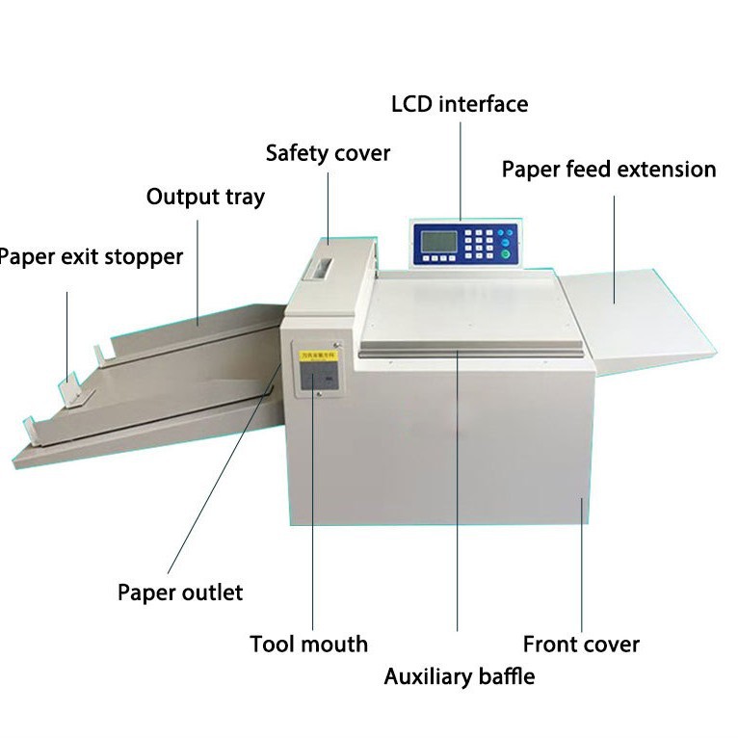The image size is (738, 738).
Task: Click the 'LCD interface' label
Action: tap(460, 103)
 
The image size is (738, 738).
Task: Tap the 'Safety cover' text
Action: tap(328, 153)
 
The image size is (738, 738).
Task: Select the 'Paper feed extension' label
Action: tap(609, 170)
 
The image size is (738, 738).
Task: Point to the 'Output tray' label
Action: tap(205, 198)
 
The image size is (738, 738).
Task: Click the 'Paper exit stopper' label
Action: tap(91, 257)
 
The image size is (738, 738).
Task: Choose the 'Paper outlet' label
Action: tap(180, 592)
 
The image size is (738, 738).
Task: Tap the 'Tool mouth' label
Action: tap(308, 644)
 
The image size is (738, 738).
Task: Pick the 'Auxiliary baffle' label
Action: tap(459, 675)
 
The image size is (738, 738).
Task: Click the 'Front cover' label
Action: tap(581, 644)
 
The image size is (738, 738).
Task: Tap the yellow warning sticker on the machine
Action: tap(316, 357)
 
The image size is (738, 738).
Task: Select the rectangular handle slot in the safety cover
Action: tap(320, 267)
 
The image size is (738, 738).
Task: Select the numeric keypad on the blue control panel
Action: tap(482, 242)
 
